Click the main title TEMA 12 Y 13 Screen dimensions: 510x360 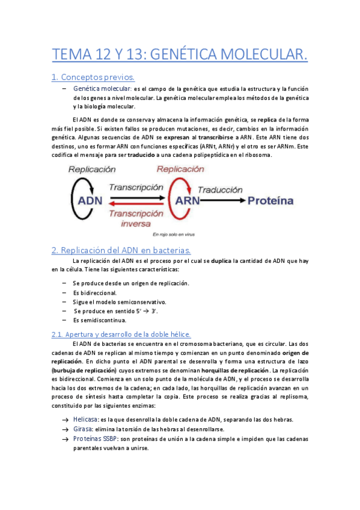coord(180,55)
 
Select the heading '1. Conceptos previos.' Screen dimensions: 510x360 coord(93,77)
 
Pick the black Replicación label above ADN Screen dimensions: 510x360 coord(93,170)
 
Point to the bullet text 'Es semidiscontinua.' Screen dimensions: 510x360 coord(99,320)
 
